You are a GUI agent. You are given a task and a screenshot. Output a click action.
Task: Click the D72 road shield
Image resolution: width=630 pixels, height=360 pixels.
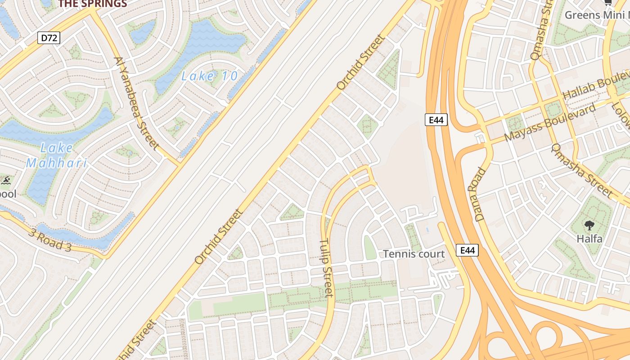click(49, 38)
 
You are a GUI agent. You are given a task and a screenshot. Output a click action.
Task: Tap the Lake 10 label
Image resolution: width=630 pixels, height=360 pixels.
click(209, 76)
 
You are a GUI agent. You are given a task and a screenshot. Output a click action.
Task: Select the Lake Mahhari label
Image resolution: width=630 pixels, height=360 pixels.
click(57, 155)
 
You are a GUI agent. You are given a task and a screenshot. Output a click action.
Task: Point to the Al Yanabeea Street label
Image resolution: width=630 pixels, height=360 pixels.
click(136, 103)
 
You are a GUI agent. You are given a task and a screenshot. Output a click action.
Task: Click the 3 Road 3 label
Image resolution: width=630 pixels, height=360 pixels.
click(49, 239)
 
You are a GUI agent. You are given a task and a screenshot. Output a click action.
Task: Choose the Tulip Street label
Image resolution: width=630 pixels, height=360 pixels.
click(326, 268)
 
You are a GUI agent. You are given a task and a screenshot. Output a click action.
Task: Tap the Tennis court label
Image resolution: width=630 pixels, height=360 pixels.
click(414, 254)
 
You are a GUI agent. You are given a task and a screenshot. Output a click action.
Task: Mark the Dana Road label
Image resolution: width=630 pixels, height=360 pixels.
click(481, 194)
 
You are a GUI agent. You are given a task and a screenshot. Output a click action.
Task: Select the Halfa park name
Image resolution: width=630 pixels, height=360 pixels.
click(589, 238)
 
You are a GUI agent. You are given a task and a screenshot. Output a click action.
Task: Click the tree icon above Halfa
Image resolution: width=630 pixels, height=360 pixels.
click(589, 225)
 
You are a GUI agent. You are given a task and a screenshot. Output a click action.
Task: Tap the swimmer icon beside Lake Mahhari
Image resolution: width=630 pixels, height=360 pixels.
click(6, 181)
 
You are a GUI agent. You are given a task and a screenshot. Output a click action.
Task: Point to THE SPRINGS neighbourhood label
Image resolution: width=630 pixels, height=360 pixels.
click(93, 4)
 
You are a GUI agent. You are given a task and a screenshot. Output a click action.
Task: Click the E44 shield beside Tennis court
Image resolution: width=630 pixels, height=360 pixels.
click(468, 250)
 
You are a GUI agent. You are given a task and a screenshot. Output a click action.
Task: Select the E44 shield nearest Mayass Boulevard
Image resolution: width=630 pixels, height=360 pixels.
click(436, 120)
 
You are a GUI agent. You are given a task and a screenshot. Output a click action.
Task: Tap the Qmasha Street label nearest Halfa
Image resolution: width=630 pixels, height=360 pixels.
click(582, 171)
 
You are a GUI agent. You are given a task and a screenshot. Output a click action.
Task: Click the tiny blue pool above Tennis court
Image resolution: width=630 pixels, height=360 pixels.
click(427, 229)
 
